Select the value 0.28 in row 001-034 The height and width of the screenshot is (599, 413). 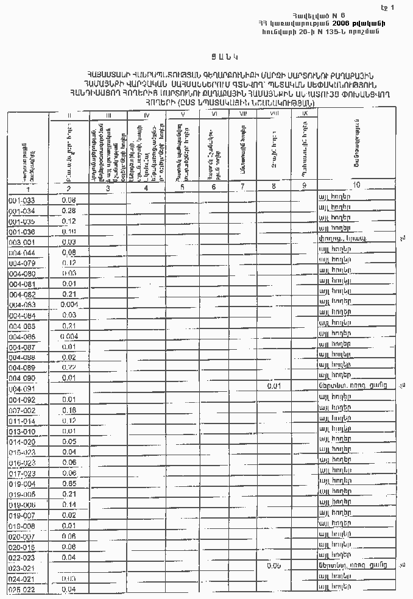click(x=68, y=210)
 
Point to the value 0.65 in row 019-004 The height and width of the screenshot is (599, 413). click(x=68, y=483)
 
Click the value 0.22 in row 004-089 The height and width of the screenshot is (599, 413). click(x=68, y=367)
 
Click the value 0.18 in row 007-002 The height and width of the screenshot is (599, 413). click(x=68, y=410)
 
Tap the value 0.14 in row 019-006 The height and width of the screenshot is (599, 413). click(x=68, y=505)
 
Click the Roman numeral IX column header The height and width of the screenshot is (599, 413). click(x=305, y=114)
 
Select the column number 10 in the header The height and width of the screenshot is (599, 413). click(x=356, y=185)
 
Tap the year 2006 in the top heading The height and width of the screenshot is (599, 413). click(x=345, y=23)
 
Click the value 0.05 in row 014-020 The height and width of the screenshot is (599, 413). click(x=68, y=441)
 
